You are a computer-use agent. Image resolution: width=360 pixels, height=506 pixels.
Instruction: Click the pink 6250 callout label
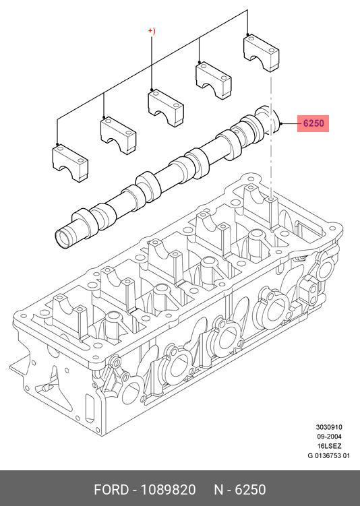point(313,123)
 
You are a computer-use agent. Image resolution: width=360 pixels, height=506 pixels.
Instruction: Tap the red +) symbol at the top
point(152,31)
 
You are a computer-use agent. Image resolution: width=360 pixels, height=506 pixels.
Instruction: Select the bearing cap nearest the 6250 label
point(261,53)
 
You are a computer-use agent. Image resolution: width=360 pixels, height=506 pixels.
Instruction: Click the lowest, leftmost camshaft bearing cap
point(70,162)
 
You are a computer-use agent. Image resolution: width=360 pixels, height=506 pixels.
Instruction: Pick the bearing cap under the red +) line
point(166,108)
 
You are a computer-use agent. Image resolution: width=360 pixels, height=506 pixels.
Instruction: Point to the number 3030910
point(329,427)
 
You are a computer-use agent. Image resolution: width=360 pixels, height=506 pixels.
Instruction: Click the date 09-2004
point(329,437)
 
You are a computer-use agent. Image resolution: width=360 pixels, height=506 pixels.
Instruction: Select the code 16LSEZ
point(329,446)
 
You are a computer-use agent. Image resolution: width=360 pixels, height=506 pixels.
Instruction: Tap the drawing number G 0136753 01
point(328,455)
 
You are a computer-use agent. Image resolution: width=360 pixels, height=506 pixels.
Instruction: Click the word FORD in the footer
point(111,490)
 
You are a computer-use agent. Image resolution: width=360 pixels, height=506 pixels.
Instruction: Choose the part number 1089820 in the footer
point(168,490)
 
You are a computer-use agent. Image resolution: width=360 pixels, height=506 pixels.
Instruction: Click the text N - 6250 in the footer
point(240,490)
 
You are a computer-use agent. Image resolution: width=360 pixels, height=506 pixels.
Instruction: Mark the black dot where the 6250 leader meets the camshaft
point(281,123)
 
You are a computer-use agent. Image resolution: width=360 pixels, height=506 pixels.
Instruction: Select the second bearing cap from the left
point(118,135)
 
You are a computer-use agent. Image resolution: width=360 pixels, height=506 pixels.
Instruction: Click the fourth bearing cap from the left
point(214,80)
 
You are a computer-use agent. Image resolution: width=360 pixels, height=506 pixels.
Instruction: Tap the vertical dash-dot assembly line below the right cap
point(271,135)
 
